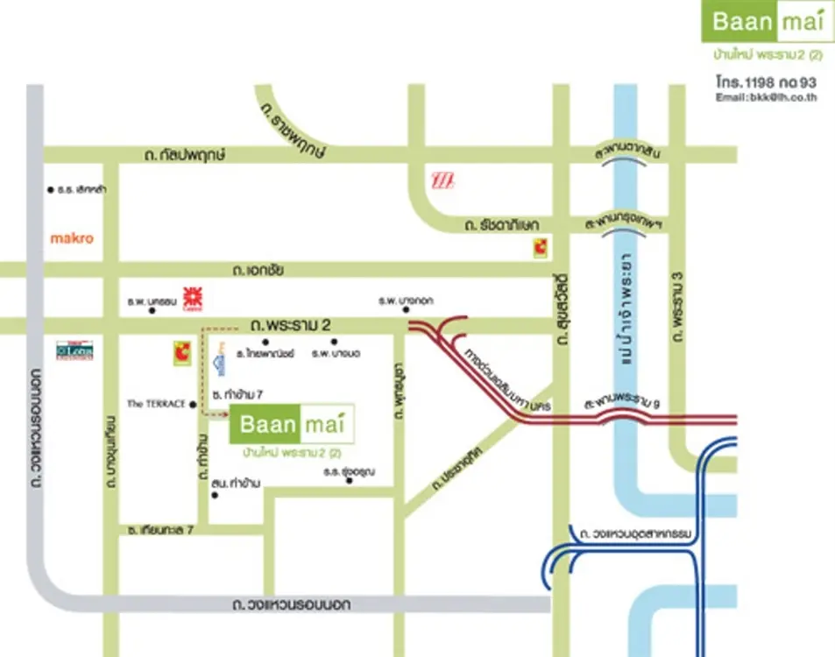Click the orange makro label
click(x=71, y=237)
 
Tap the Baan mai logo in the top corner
click(x=768, y=21)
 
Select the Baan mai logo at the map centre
click(x=292, y=427)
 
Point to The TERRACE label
click(x=156, y=404)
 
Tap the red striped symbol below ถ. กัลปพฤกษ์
click(x=445, y=181)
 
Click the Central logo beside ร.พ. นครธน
click(x=192, y=298)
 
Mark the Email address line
click(x=766, y=97)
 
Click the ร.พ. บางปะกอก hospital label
click(x=401, y=300)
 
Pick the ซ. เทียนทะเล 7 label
click(x=160, y=530)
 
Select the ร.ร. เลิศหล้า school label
click(x=81, y=189)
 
